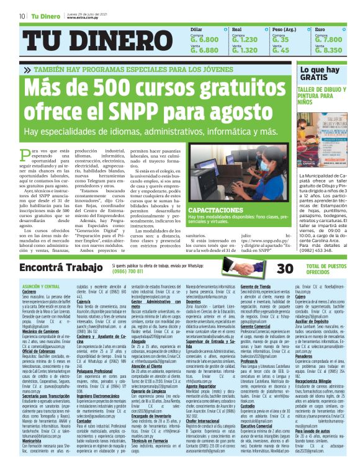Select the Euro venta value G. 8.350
[x=329, y=50]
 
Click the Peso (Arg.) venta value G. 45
[x=281, y=50]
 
